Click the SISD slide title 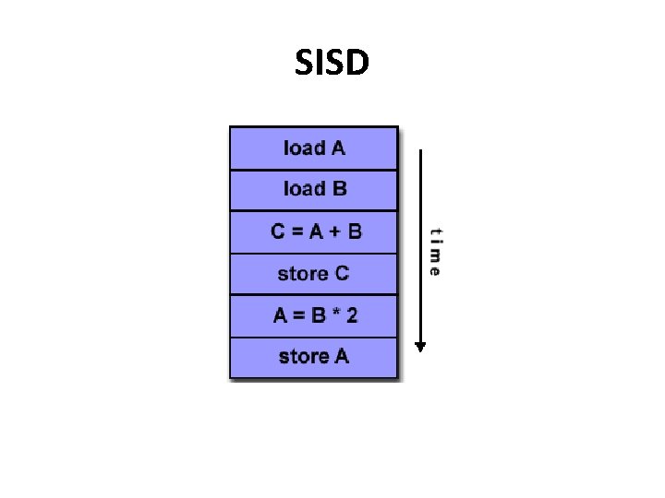pyautogui.click(x=332, y=63)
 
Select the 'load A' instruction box pyautogui.click(x=314, y=148)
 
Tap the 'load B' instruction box pyautogui.click(x=314, y=190)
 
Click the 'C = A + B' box pyautogui.click(x=314, y=231)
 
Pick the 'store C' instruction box pyautogui.click(x=314, y=274)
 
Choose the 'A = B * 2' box pyautogui.click(x=314, y=315)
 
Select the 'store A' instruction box pyautogui.click(x=314, y=357)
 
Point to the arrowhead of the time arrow pyautogui.click(x=420, y=347)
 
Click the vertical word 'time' pyautogui.click(x=434, y=252)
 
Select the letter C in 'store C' pyautogui.click(x=342, y=274)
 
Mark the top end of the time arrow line pyautogui.click(x=420, y=152)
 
